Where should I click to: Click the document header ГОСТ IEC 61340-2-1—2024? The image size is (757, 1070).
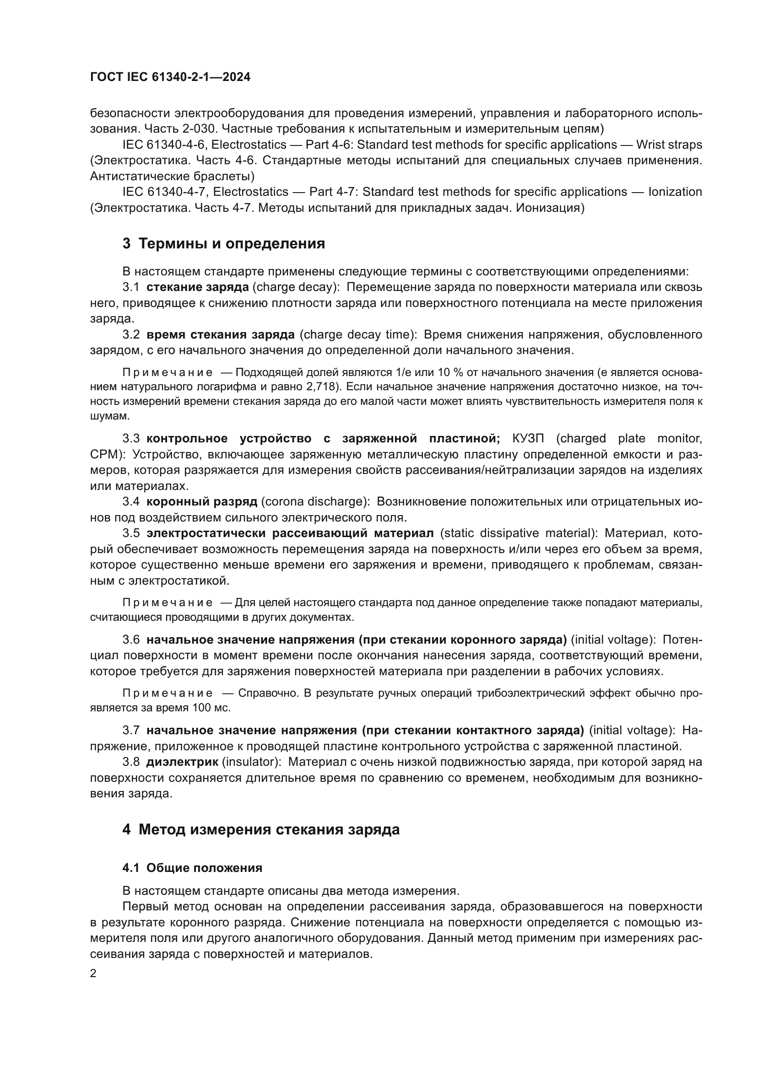pos(170,77)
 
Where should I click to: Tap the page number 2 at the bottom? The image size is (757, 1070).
pos(93,973)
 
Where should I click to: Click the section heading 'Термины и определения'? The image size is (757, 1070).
pos(232,244)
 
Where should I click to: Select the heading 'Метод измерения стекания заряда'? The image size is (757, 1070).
pos(269,829)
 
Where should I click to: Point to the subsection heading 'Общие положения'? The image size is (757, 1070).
pos(204,868)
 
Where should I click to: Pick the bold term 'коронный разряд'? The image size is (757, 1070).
pos(202,501)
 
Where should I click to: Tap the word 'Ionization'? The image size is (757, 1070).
pos(675,192)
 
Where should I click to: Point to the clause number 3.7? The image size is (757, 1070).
pos(131,730)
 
